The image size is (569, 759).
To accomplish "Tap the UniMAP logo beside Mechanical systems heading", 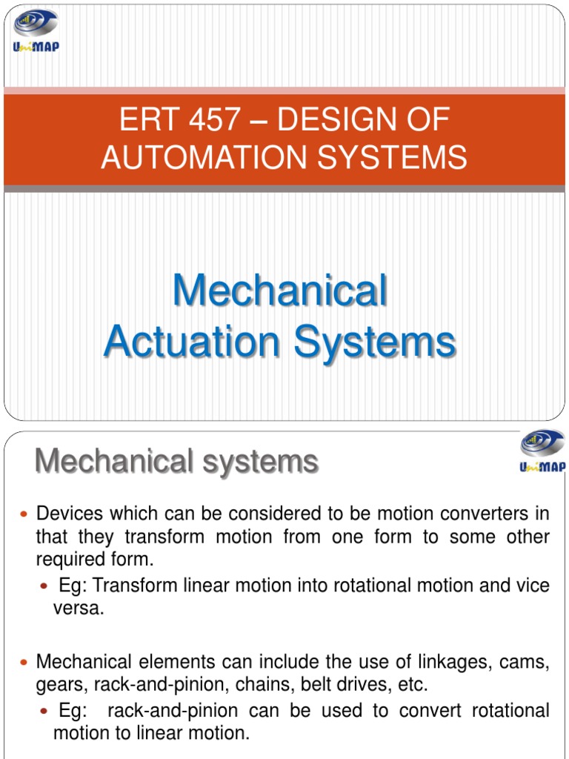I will pyautogui.click(x=542, y=451).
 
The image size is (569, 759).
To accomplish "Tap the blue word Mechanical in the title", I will pyautogui.click(x=279, y=291).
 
